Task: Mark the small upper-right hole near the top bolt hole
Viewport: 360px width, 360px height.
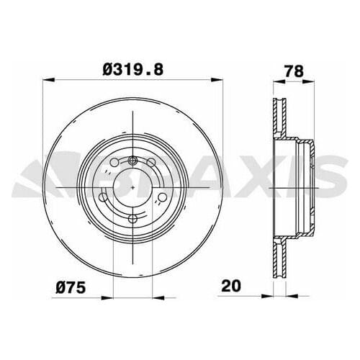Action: click(151, 163)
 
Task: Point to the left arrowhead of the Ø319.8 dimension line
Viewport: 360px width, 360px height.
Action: click(47, 79)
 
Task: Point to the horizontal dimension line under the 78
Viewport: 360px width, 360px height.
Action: click(294, 79)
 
